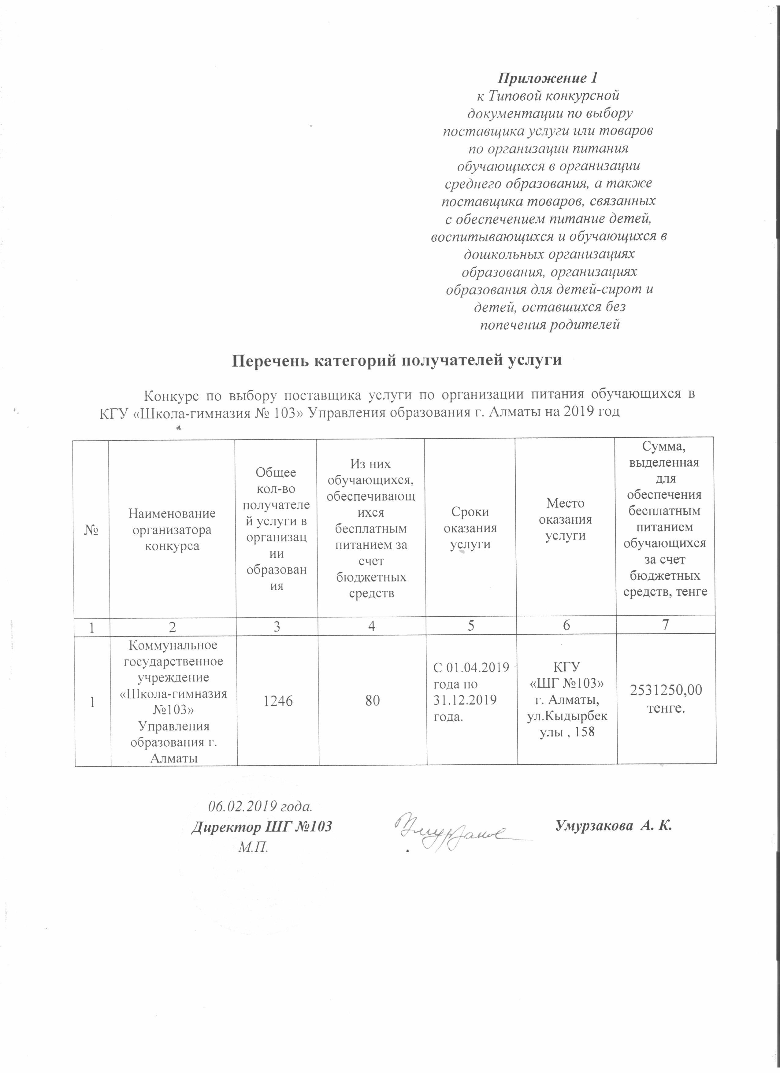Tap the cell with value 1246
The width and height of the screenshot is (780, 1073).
(x=278, y=701)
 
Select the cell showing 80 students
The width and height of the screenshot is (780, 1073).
(x=373, y=701)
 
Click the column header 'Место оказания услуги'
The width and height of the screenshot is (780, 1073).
(x=565, y=519)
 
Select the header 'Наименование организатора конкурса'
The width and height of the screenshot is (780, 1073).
(x=172, y=529)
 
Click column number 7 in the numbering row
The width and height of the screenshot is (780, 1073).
(x=666, y=625)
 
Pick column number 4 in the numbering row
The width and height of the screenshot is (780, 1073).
(x=372, y=626)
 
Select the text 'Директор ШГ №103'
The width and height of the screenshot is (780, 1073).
(x=261, y=827)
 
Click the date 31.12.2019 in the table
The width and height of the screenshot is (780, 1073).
(x=465, y=700)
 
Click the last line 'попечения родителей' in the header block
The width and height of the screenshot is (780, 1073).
(x=550, y=325)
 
